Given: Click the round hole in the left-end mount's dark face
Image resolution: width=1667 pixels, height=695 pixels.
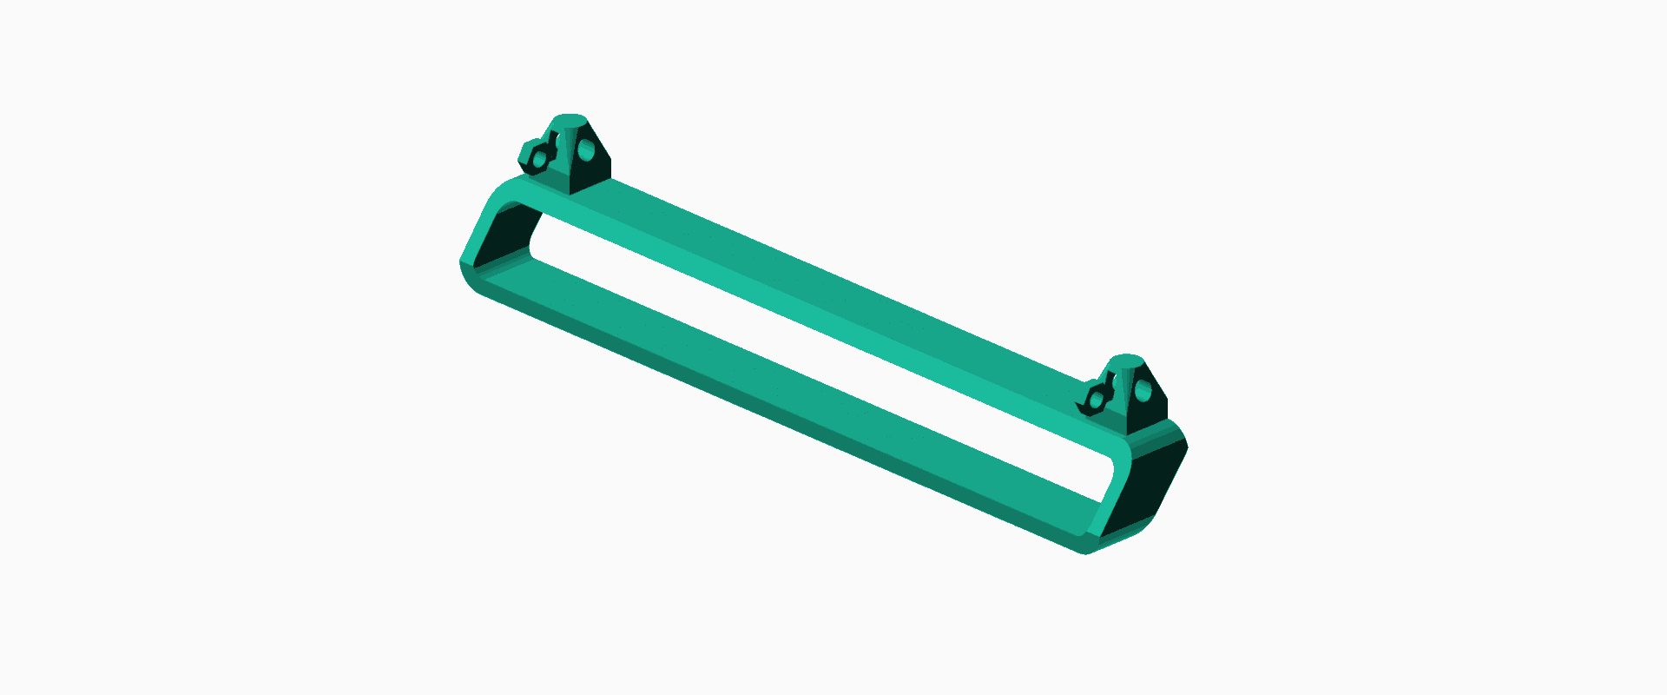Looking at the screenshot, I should [x=587, y=152].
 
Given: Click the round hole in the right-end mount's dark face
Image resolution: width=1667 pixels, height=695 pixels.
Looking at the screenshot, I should [x=1143, y=392].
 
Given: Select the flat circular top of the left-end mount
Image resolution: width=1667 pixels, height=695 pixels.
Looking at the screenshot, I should [x=570, y=119].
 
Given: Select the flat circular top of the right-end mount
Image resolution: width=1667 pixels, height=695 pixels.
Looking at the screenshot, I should [x=1126, y=360].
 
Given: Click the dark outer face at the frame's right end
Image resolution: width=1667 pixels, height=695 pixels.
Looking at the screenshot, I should [x=1144, y=486].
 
